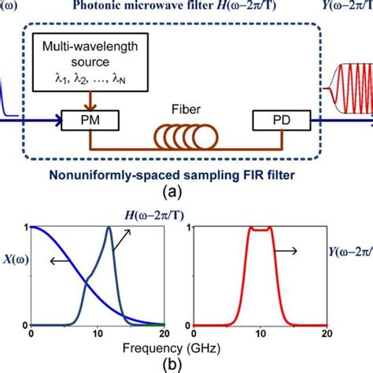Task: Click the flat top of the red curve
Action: coord(259,230)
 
